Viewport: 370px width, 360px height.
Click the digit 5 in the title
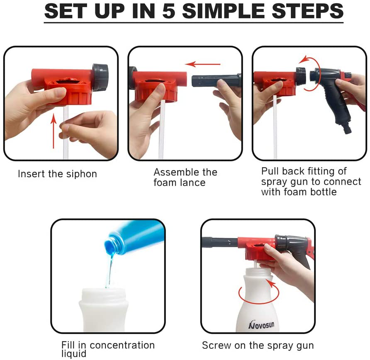tap(169, 11)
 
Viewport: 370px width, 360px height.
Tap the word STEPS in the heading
tap(307, 11)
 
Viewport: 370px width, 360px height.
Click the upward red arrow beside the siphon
tap(54, 131)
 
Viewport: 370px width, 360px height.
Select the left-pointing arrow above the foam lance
tap(203, 64)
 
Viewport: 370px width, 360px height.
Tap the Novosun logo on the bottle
tap(261, 325)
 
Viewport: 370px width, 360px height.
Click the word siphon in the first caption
tap(81, 174)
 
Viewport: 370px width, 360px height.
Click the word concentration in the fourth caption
tap(122, 345)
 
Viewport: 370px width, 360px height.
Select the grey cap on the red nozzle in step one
tap(100, 77)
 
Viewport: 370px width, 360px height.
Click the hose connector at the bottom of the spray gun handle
tap(347, 127)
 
